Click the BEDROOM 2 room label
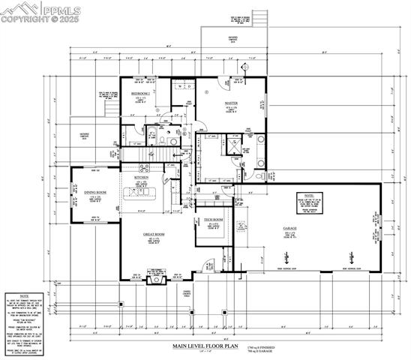[x=140, y=93]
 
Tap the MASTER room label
[x=230, y=103]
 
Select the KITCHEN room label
[x=141, y=178]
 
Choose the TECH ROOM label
[x=213, y=220]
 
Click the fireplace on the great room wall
[x=156, y=279]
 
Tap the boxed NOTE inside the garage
[x=309, y=200]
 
